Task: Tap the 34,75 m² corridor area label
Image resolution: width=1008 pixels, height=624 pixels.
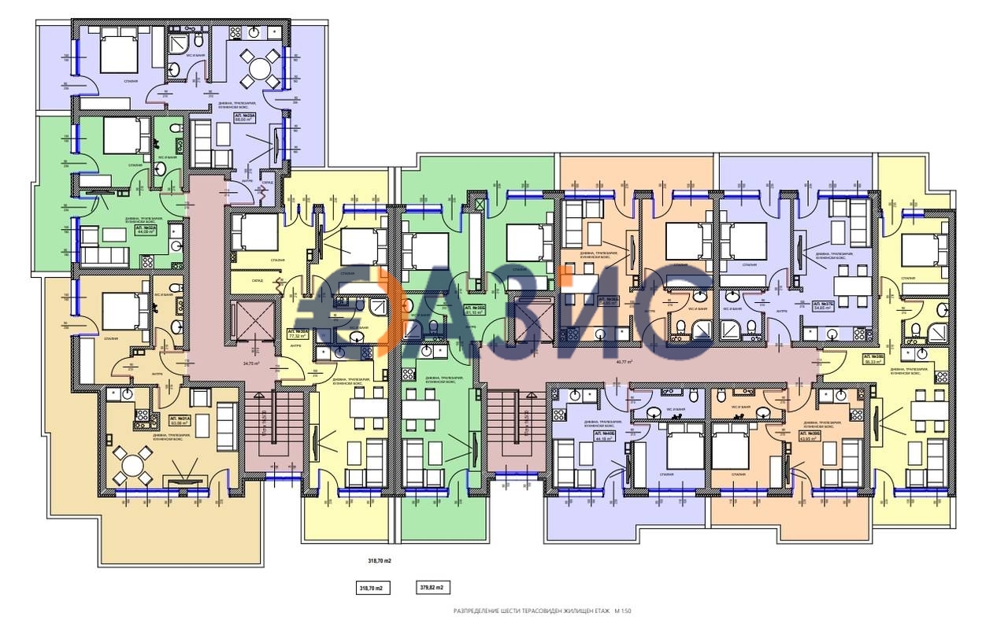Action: coord(251,364)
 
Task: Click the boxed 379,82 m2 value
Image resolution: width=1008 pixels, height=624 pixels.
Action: coord(433,588)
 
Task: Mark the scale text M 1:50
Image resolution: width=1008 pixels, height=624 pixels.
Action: coord(624,611)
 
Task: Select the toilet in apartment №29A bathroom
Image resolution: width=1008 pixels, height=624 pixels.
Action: coord(198,41)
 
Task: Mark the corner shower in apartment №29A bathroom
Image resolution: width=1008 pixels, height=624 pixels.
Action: coord(178,42)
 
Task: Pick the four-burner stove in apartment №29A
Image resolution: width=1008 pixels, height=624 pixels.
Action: coord(234,33)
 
